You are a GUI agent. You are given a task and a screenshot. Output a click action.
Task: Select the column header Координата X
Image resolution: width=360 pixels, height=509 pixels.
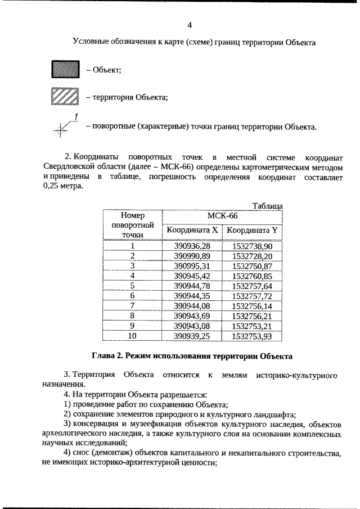191,230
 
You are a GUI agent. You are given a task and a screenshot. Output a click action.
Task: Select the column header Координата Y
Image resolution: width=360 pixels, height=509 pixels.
253,230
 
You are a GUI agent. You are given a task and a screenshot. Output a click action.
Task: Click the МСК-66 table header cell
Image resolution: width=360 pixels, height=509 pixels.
222,216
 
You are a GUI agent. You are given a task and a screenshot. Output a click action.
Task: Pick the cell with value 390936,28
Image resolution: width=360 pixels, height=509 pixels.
191,246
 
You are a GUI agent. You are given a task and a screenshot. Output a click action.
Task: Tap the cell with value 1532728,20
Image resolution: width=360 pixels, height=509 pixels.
253,256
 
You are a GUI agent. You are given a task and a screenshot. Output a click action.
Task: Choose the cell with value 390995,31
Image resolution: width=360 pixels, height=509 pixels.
191,266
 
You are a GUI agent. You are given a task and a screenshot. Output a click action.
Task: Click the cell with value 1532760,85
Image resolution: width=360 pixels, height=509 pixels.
253,276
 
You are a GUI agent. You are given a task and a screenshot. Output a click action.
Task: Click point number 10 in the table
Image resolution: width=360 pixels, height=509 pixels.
133,336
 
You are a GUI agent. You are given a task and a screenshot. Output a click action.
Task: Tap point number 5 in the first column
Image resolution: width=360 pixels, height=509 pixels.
133,286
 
